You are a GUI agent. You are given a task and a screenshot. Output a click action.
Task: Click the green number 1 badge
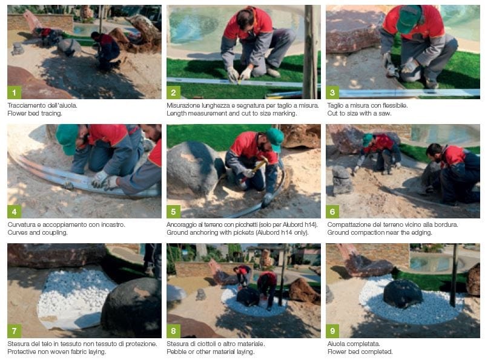click(x=14, y=93)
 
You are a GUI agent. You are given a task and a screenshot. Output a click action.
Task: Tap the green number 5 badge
click(x=173, y=212)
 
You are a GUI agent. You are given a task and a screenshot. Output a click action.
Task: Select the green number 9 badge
click(x=332, y=331)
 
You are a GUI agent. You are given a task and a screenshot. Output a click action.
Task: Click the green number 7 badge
click(x=14, y=331)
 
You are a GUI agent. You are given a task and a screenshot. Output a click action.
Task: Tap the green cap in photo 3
click(x=408, y=19)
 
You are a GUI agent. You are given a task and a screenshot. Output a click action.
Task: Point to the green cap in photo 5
click(x=275, y=139)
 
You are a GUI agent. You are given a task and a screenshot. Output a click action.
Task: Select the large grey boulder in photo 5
click(x=194, y=168)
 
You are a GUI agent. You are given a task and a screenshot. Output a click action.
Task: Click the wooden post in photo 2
click(x=311, y=51)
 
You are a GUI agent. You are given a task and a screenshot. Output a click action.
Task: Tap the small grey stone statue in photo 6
click(x=342, y=180)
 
